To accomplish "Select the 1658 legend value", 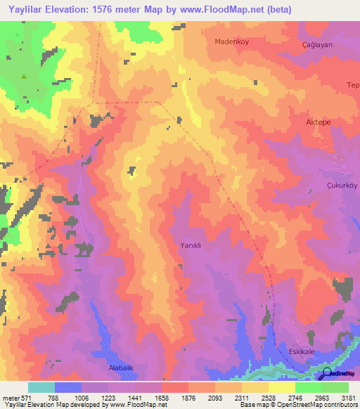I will click(x=161, y=398).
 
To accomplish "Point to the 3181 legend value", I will click(x=348, y=398).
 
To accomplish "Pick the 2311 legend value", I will click(x=241, y=398).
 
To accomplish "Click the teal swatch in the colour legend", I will click(x=41, y=387).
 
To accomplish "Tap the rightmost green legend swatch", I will click(x=335, y=387).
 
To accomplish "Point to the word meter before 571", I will click(x=11, y=398).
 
